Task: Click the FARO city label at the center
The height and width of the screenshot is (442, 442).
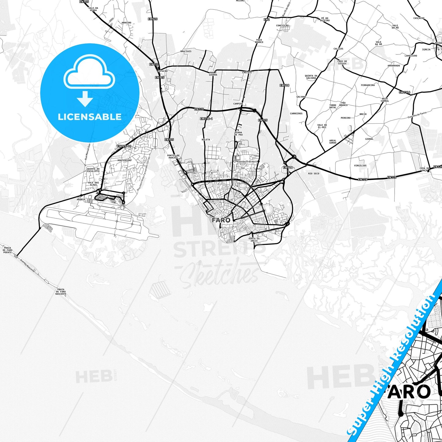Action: (x=221, y=220)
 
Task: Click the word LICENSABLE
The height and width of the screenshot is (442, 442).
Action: (x=90, y=117)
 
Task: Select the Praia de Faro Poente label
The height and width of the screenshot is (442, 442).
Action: (x=7, y=250)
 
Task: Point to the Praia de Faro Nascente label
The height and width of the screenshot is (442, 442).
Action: (x=61, y=291)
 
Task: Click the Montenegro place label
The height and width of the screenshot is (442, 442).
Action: (x=124, y=160)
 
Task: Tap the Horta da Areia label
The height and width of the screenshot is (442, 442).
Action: (x=254, y=240)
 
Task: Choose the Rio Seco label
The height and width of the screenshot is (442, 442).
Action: (x=314, y=173)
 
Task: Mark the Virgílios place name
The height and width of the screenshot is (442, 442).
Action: (x=360, y=165)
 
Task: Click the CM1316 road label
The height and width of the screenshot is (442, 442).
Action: (x=404, y=92)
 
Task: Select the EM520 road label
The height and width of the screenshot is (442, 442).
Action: (x=153, y=19)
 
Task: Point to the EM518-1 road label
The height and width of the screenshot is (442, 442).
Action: (x=206, y=119)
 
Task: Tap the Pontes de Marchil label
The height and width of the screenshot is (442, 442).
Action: (x=173, y=156)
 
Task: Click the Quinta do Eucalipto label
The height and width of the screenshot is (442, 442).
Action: (x=93, y=170)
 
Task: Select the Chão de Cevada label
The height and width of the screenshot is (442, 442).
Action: (x=342, y=62)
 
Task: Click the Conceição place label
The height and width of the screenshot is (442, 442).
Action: (x=282, y=26)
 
